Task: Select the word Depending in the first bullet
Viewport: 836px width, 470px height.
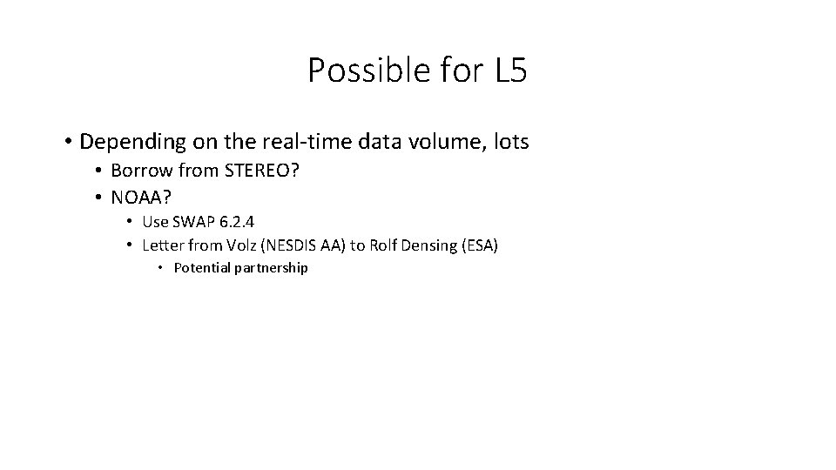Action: point(126,141)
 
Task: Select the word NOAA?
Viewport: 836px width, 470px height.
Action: point(141,198)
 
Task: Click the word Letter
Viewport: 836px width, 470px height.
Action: point(161,245)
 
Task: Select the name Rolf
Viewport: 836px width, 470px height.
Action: point(383,245)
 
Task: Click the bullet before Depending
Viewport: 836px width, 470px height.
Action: point(67,142)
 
